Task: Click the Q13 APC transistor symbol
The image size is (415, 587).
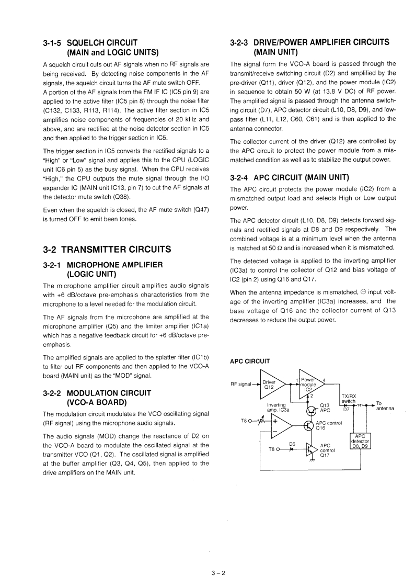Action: (x=312, y=409)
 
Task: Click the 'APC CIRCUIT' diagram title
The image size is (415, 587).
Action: (x=250, y=361)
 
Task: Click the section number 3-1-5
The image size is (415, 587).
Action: (x=53, y=42)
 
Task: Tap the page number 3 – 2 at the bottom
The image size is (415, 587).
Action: (x=218, y=572)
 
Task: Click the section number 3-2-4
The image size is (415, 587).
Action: (x=240, y=176)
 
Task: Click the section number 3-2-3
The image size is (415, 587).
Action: (x=240, y=42)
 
